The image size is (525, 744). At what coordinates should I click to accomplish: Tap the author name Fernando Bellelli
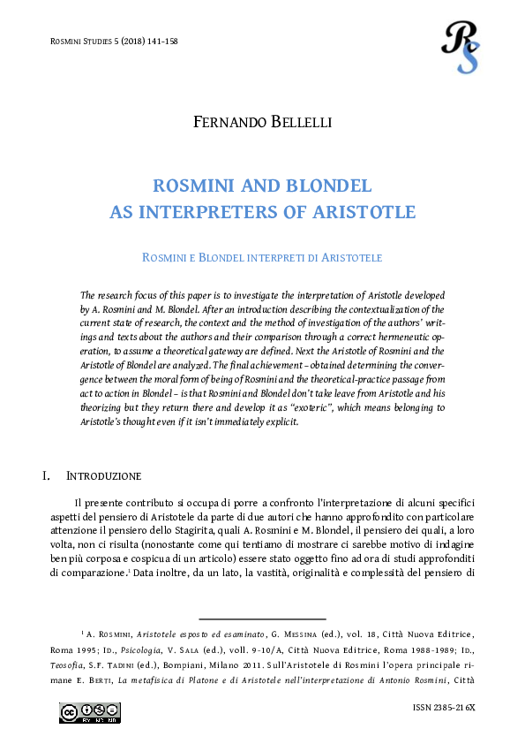(x=262, y=122)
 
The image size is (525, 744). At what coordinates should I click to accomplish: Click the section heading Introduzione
(x=103, y=476)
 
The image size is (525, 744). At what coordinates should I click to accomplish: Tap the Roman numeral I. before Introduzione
(x=47, y=476)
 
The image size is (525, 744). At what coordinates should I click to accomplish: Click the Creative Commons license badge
(x=90, y=712)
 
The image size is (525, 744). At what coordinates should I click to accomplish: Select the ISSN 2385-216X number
(x=444, y=710)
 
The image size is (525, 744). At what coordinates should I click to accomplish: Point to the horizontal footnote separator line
(x=262, y=619)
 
